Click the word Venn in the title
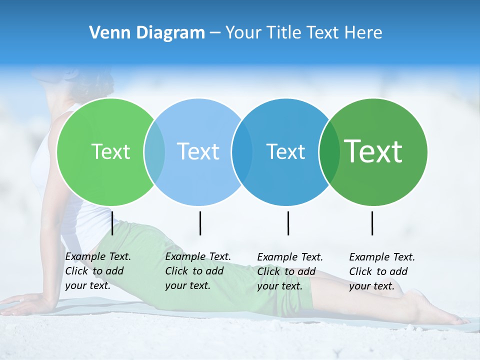coord(106,33)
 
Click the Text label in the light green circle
coord(110,151)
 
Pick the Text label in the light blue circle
coord(198,151)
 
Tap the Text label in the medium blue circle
coord(285,151)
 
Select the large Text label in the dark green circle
coord(373,151)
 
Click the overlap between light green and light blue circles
coord(154,151)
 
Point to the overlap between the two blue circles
coord(241,151)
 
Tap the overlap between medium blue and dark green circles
coord(329,151)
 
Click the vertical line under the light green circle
coord(112,223)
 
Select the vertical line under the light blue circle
coord(200,223)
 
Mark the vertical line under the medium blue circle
coord(288,223)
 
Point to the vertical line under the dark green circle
coord(372,223)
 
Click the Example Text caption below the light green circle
coord(97,271)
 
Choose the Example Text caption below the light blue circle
coord(197,271)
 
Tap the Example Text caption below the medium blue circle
coord(289,271)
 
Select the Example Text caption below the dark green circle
coord(381,271)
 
